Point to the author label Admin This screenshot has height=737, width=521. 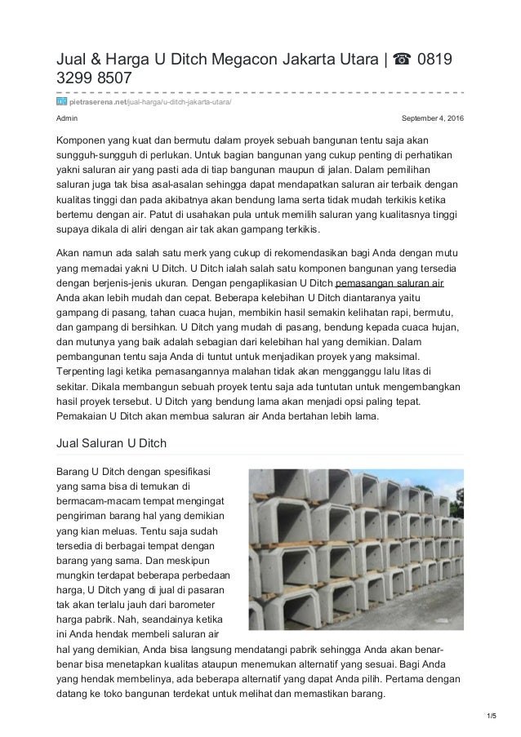66,119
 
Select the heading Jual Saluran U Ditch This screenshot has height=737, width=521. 109,443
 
